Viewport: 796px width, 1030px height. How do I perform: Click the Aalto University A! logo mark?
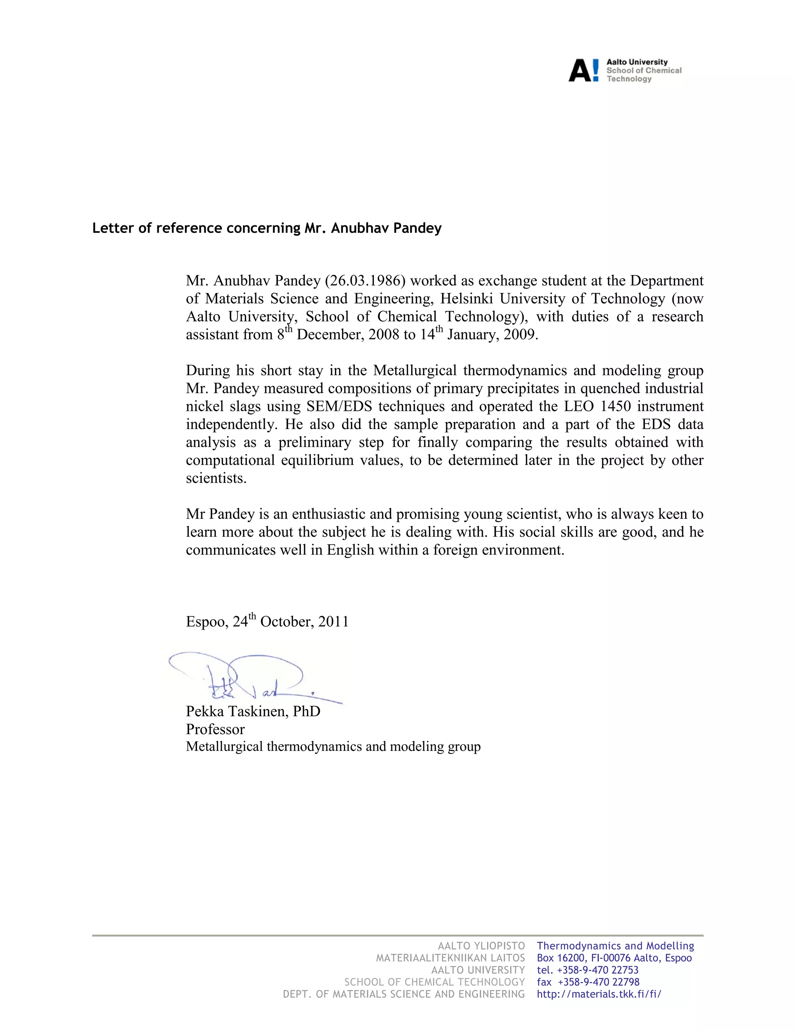tap(583, 70)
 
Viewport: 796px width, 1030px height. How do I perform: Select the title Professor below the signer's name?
tap(215, 729)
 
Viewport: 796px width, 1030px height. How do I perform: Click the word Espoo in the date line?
tap(206, 621)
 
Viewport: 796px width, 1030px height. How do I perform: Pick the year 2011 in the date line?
tap(333, 621)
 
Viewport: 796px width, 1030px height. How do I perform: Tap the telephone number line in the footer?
tap(588, 970)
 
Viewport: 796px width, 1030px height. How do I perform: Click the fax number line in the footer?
tap(588, 982)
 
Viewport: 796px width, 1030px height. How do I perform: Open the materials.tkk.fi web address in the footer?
tap(599, 994)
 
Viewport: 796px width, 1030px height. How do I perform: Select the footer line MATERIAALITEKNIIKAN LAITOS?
tap(450, 958)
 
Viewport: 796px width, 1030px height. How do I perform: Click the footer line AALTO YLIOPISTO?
tap(481, 946)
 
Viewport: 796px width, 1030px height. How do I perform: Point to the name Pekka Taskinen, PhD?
tap(253, 711)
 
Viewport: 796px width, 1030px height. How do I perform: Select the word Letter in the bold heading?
tap(108, 228)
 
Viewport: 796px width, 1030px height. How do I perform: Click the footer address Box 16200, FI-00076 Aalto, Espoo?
tap(614, 958)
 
